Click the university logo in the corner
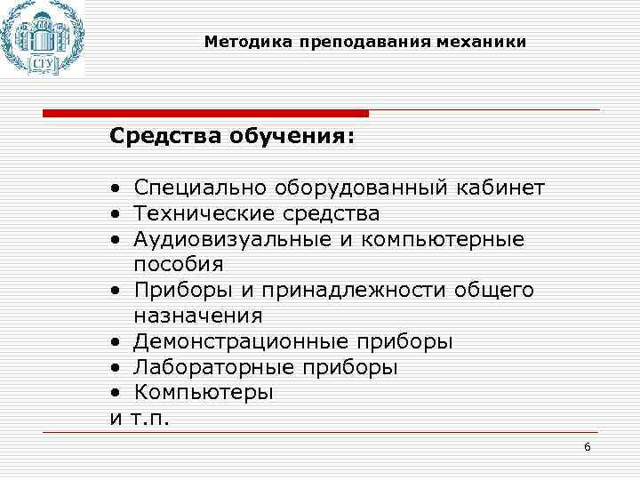(x=42, y=39)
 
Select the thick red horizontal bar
(x=205, y=113)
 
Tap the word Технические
(x=205, y=213)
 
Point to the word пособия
(x=179, y=265)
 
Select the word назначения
(x=198, y=316)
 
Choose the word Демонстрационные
(x=241, y=341)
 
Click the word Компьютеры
(x=204, y=392)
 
